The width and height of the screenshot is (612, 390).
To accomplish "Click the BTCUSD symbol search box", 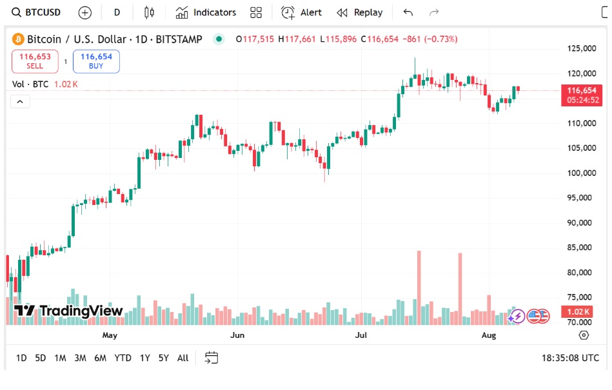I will click(37, 12).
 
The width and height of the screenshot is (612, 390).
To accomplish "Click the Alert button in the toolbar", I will click(302, 12).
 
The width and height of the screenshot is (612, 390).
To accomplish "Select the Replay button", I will click(360, 12).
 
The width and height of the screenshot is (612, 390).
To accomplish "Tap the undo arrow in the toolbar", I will click(408, 12).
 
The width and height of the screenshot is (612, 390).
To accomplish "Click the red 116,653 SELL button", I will click(35, 61).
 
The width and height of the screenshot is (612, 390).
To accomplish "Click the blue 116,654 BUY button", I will click(96, 61).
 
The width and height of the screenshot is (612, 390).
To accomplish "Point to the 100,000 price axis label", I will click(581, 173).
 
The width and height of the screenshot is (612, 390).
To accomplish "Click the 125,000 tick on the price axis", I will click(581, 48).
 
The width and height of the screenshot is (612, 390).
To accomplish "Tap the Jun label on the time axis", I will click(238, 335).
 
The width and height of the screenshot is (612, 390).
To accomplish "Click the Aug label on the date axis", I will click(489, 335).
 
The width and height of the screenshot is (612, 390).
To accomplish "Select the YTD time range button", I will click(123, 358).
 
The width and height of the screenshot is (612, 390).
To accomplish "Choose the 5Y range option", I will click(163, 358).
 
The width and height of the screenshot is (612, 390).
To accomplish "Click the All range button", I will click(183, 358).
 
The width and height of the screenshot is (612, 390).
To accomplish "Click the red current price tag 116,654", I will click(582, 91).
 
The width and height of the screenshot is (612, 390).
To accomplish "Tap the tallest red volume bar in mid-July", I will click(419, 284).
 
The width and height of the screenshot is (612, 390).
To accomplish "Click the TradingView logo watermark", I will click(68, 311).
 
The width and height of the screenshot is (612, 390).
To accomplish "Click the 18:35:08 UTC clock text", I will click(570, 358).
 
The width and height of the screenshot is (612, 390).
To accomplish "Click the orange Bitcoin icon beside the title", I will click(18, 39).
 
